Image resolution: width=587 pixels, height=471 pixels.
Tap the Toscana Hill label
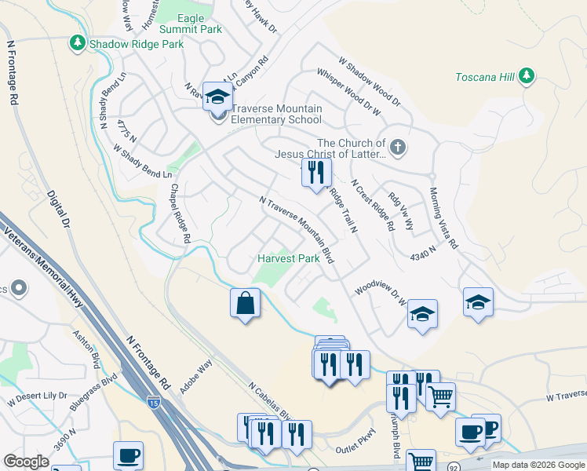pos(486,77)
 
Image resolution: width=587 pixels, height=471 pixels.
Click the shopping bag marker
pos(245,302)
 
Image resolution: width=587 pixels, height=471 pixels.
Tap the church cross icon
pos(398,147)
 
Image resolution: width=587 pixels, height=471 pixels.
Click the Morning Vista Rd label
pos(443,218)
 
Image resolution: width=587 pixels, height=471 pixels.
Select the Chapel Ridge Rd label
pos(180,214)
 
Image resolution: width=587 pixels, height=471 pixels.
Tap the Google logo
pos(26,462)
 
